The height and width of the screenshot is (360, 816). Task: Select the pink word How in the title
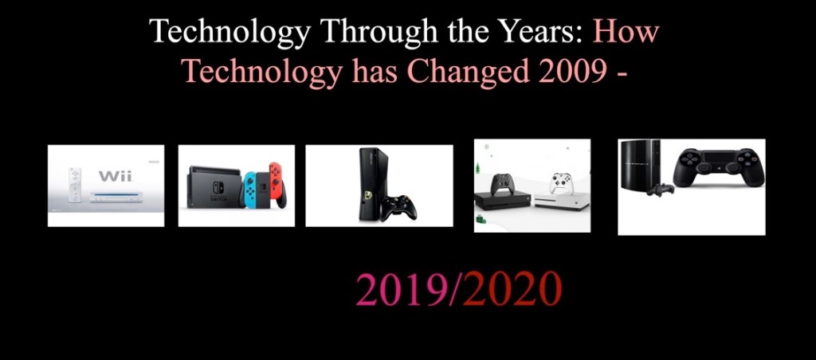point(626,31)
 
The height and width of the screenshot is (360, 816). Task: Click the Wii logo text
point(116,177)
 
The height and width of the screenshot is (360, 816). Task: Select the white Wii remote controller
point(75,186)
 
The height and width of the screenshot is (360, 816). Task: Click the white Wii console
point(114,198)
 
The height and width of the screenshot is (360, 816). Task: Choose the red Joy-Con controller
point(277,185)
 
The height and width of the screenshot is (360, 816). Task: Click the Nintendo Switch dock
point(214,187)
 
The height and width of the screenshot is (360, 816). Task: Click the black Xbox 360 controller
point(398,207)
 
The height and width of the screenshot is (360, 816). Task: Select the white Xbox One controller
point(562,184)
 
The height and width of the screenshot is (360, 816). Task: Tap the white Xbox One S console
point(561,202)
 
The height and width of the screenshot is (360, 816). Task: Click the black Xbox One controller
point(502,184)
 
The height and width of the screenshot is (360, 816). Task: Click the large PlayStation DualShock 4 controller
point(719,166)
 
